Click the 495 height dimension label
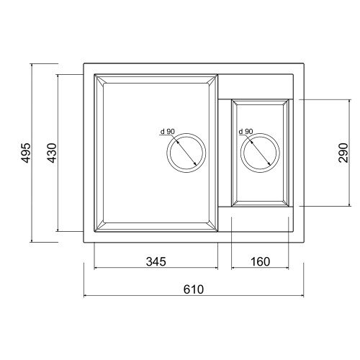coord(26,153)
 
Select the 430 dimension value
coord(52,153)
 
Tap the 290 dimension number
coord(343,153)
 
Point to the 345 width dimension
coord(156,261)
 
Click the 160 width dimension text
coord(261,261)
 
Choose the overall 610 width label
coord(194,289)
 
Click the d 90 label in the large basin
coord(168,132)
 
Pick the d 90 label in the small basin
coord(246,132)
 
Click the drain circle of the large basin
coord(186,134)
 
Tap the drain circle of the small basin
coord(260,134)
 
